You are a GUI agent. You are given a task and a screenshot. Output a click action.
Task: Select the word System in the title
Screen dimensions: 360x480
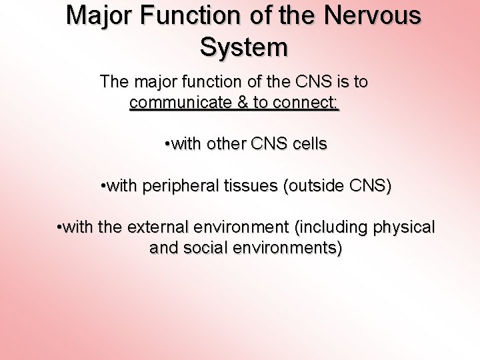[x=244, y=47]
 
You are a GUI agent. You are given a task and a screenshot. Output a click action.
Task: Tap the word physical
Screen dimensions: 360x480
[x=403, y=227]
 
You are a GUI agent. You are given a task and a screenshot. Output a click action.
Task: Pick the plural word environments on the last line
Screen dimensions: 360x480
[x=291, y=248]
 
